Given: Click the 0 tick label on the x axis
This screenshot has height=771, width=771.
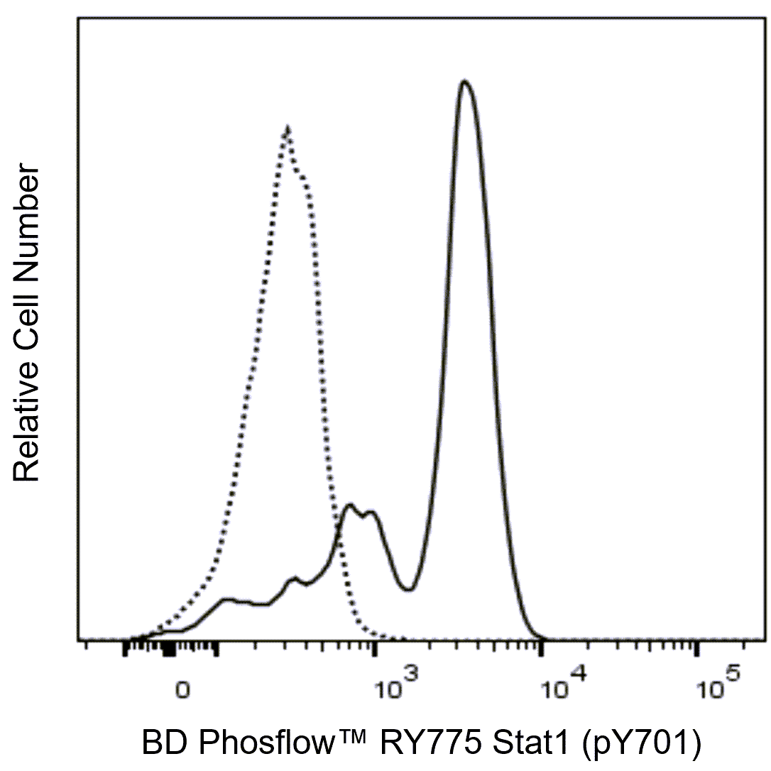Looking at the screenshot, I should [184, 691].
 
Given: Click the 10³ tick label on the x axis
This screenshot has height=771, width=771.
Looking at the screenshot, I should [398, 688].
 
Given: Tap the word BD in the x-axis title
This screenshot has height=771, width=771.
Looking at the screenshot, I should [161, 743].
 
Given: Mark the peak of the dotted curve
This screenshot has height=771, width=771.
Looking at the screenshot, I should [286, 129].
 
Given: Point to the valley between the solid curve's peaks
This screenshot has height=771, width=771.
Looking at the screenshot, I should [408, 589].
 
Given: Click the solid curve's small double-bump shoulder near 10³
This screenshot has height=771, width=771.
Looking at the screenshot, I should [359, 510].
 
